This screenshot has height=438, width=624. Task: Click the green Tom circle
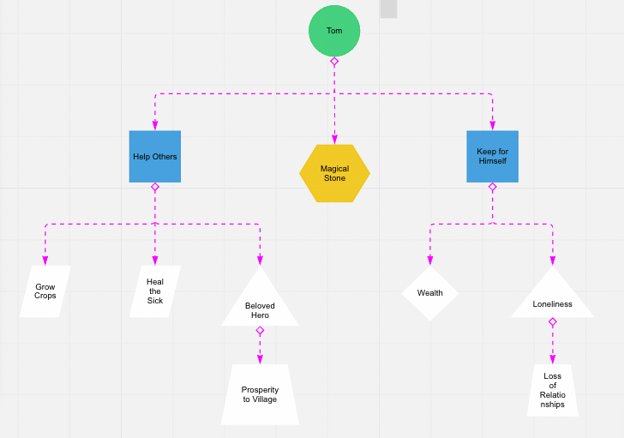(x=334, y=31)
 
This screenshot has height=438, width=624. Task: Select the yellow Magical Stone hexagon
(x=334, y=173)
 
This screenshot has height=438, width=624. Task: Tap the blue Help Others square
(x=155, y=156)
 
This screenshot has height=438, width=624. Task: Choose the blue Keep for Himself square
(x=492, y=156)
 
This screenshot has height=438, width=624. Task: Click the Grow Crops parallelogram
(x=45, y=292)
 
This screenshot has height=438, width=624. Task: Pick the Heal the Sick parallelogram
(x=155, y=291)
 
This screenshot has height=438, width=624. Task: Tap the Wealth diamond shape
(x=430, y=293)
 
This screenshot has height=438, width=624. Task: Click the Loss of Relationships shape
(x=552, y=391)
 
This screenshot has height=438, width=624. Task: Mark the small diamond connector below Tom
(x=334, y=62)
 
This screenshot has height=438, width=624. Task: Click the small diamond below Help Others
(x=155, y=187)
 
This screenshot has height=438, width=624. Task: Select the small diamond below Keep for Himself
(x=492, y=187)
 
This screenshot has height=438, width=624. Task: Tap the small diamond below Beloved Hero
(x=260, y=331)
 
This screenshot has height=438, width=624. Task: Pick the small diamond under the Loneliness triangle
(x=552, y=322)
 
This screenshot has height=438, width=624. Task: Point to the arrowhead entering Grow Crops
(x=45, y=261)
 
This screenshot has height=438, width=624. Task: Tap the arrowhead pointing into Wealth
(x=430, y=261)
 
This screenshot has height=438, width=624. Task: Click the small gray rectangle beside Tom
(x=388, y=9)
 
